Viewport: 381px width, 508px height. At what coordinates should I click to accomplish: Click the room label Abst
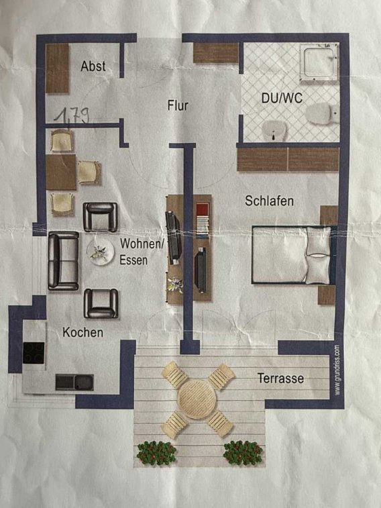click(93, 66)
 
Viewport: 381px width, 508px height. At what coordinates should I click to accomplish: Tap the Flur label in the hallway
click(178, 105)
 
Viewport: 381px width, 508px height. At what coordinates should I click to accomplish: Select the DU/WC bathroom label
click(282, 98)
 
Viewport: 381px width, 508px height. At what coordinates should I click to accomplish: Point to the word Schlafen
click(270, 201)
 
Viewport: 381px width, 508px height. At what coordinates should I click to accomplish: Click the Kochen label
click(83, 332)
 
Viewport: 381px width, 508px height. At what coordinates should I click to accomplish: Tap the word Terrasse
click(280, 378)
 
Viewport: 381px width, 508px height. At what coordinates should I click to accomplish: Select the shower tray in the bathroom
click(318, 63)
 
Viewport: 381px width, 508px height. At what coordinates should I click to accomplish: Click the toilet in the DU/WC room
click(323, 113)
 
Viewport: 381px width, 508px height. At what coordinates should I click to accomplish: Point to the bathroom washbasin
click(274, 130)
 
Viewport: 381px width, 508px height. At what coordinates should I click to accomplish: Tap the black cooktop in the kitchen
click(34, 352)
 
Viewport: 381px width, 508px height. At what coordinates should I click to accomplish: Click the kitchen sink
click(74, 382)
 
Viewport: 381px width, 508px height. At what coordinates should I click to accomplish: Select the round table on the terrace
click(197, 399)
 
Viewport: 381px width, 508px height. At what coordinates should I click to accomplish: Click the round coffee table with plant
click(101, 253)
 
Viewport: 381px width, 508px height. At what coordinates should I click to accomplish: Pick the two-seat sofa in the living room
click(64, 261)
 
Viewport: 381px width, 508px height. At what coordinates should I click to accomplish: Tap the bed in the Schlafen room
click(294, 255)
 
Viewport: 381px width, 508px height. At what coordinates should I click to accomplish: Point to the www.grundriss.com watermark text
click(337, 370)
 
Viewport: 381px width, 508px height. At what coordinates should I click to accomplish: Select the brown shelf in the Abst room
click(57, 68)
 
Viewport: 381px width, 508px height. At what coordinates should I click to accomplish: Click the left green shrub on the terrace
click(157, 452)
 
